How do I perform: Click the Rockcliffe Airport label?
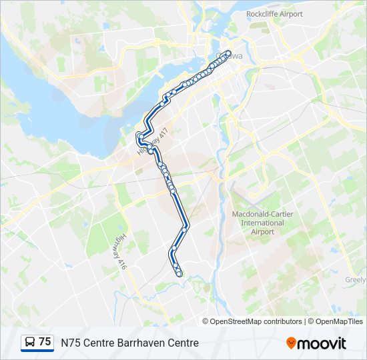click(x=274, y=14)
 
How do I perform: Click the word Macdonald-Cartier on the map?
click(x=262, y=214)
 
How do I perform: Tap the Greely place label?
click(x=356, y=280)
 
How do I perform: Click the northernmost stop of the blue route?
click(x=228, y=53)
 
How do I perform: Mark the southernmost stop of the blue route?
click(x=179, y=274)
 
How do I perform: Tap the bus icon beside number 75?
click(x=30, y=342)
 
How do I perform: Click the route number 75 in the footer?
click(x=45, y=342)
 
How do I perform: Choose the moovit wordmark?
click(x=322, y=343)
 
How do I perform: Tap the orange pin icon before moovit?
click(x=291, y=343)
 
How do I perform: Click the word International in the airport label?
click(x=262, y=223)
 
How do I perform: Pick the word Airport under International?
click(x=262, y=231)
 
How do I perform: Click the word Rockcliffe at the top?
click(x=262, y=14)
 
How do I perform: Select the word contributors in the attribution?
click(x=282, y=321)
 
